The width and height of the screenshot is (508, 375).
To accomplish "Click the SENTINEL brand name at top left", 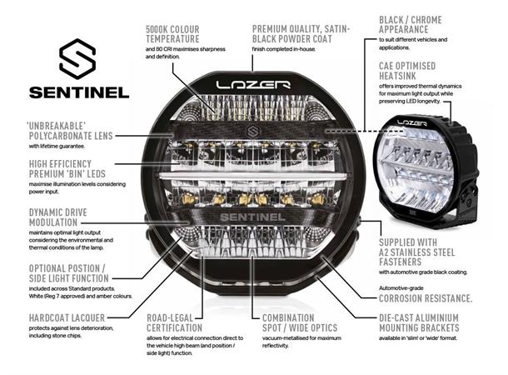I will [x=79, y=92].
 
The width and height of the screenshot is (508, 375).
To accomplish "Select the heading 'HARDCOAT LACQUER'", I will [x=56, y=317].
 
